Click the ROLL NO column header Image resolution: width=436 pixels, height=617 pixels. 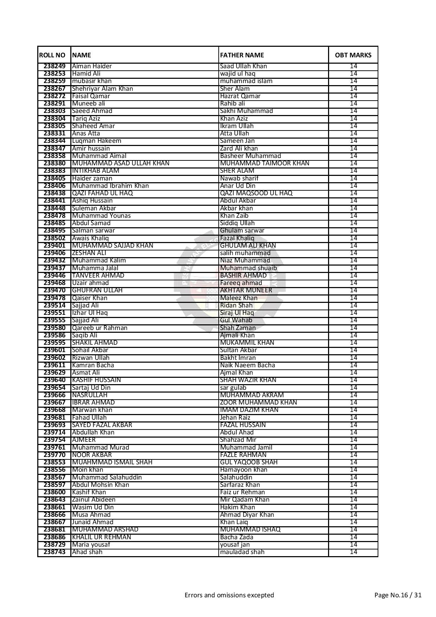(x=52, y=55)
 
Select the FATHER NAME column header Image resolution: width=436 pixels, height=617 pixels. (x=242, y=55)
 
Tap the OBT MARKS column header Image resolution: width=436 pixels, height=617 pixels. (x=353, y=55)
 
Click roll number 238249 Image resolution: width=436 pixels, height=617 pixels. (x=54, y=66)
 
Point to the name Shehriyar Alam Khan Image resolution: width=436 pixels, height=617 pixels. (x=102, y=89)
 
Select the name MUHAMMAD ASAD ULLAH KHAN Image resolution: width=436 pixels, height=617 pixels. (x=121, y=163)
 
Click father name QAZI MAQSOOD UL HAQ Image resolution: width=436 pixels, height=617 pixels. (x=256, y=193)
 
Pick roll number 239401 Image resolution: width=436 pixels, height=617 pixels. (x=54, y=246)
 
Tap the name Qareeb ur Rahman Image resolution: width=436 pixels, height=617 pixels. (x=100, y=328)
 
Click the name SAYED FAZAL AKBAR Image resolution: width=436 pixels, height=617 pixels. (x=102, y=425)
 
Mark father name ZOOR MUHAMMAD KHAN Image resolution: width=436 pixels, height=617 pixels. (x=258, y=402)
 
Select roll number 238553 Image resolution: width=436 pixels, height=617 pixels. (x=54, y=462)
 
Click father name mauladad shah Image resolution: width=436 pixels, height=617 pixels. (x=242, y=552)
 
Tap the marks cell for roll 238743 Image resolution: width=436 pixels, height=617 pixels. (x=353, y=552)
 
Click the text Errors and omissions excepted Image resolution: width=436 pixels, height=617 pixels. (x=229, y=595)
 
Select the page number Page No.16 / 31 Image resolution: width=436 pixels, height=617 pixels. (x=398, y=595)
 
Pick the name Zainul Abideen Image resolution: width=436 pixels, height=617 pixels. (x=94, y=500)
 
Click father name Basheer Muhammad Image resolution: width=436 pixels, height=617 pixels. (x=250, y=156)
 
